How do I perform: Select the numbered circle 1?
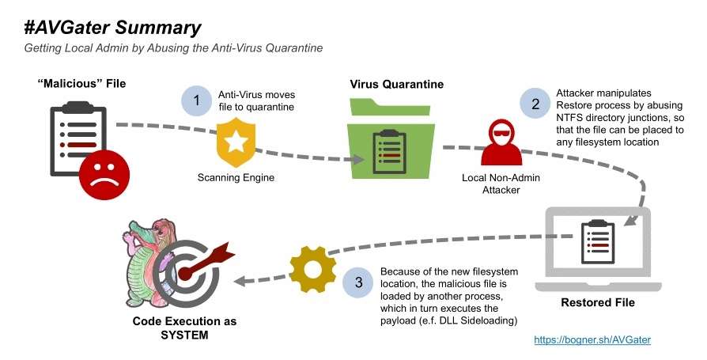[x=196, y=101]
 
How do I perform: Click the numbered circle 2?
[x=535, y=103]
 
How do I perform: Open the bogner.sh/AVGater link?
[x=592, y=339]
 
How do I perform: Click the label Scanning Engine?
[x=236, y=177]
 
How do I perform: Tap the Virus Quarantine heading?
[x=396, y=85]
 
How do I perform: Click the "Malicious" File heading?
[x=81, y=83]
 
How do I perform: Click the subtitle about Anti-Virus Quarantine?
[x=173, y=49]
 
